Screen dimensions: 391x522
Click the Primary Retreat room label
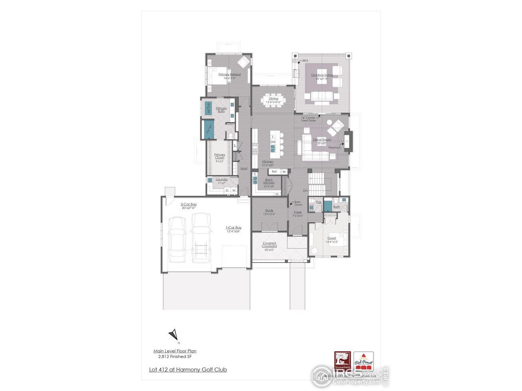(x=229, y=75)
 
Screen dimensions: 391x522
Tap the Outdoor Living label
(x=322, y=75)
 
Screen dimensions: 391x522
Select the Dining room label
(x=273, y=99)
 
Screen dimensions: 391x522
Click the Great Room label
(x=322, y=140)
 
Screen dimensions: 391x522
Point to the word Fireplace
(x=334, y=147)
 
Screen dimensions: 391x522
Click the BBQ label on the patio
(x=305, y=61)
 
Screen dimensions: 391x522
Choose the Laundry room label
(x=221, y=180)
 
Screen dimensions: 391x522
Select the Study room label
(x=269, y=211)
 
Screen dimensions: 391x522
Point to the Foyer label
(x=298, y=212)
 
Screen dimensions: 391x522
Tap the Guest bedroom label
(x=332, y=238)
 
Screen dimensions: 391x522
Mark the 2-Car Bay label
(x=188, y=204)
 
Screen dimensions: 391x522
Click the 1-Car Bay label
(x=234, y=228)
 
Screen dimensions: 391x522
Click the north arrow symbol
(x=174, y=335)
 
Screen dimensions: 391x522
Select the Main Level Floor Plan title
(x=175, y=351)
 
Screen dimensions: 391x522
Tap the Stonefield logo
(x=343, y=361)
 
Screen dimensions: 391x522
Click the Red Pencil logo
(x=363, y=361)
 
